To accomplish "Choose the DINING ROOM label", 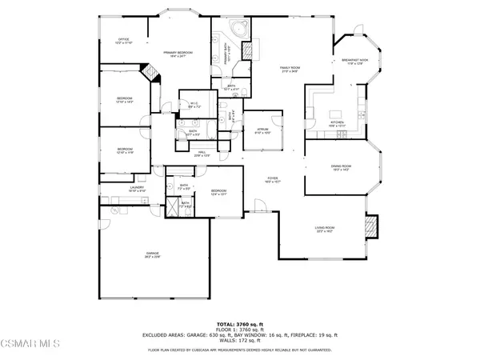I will (x=342, y=167).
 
